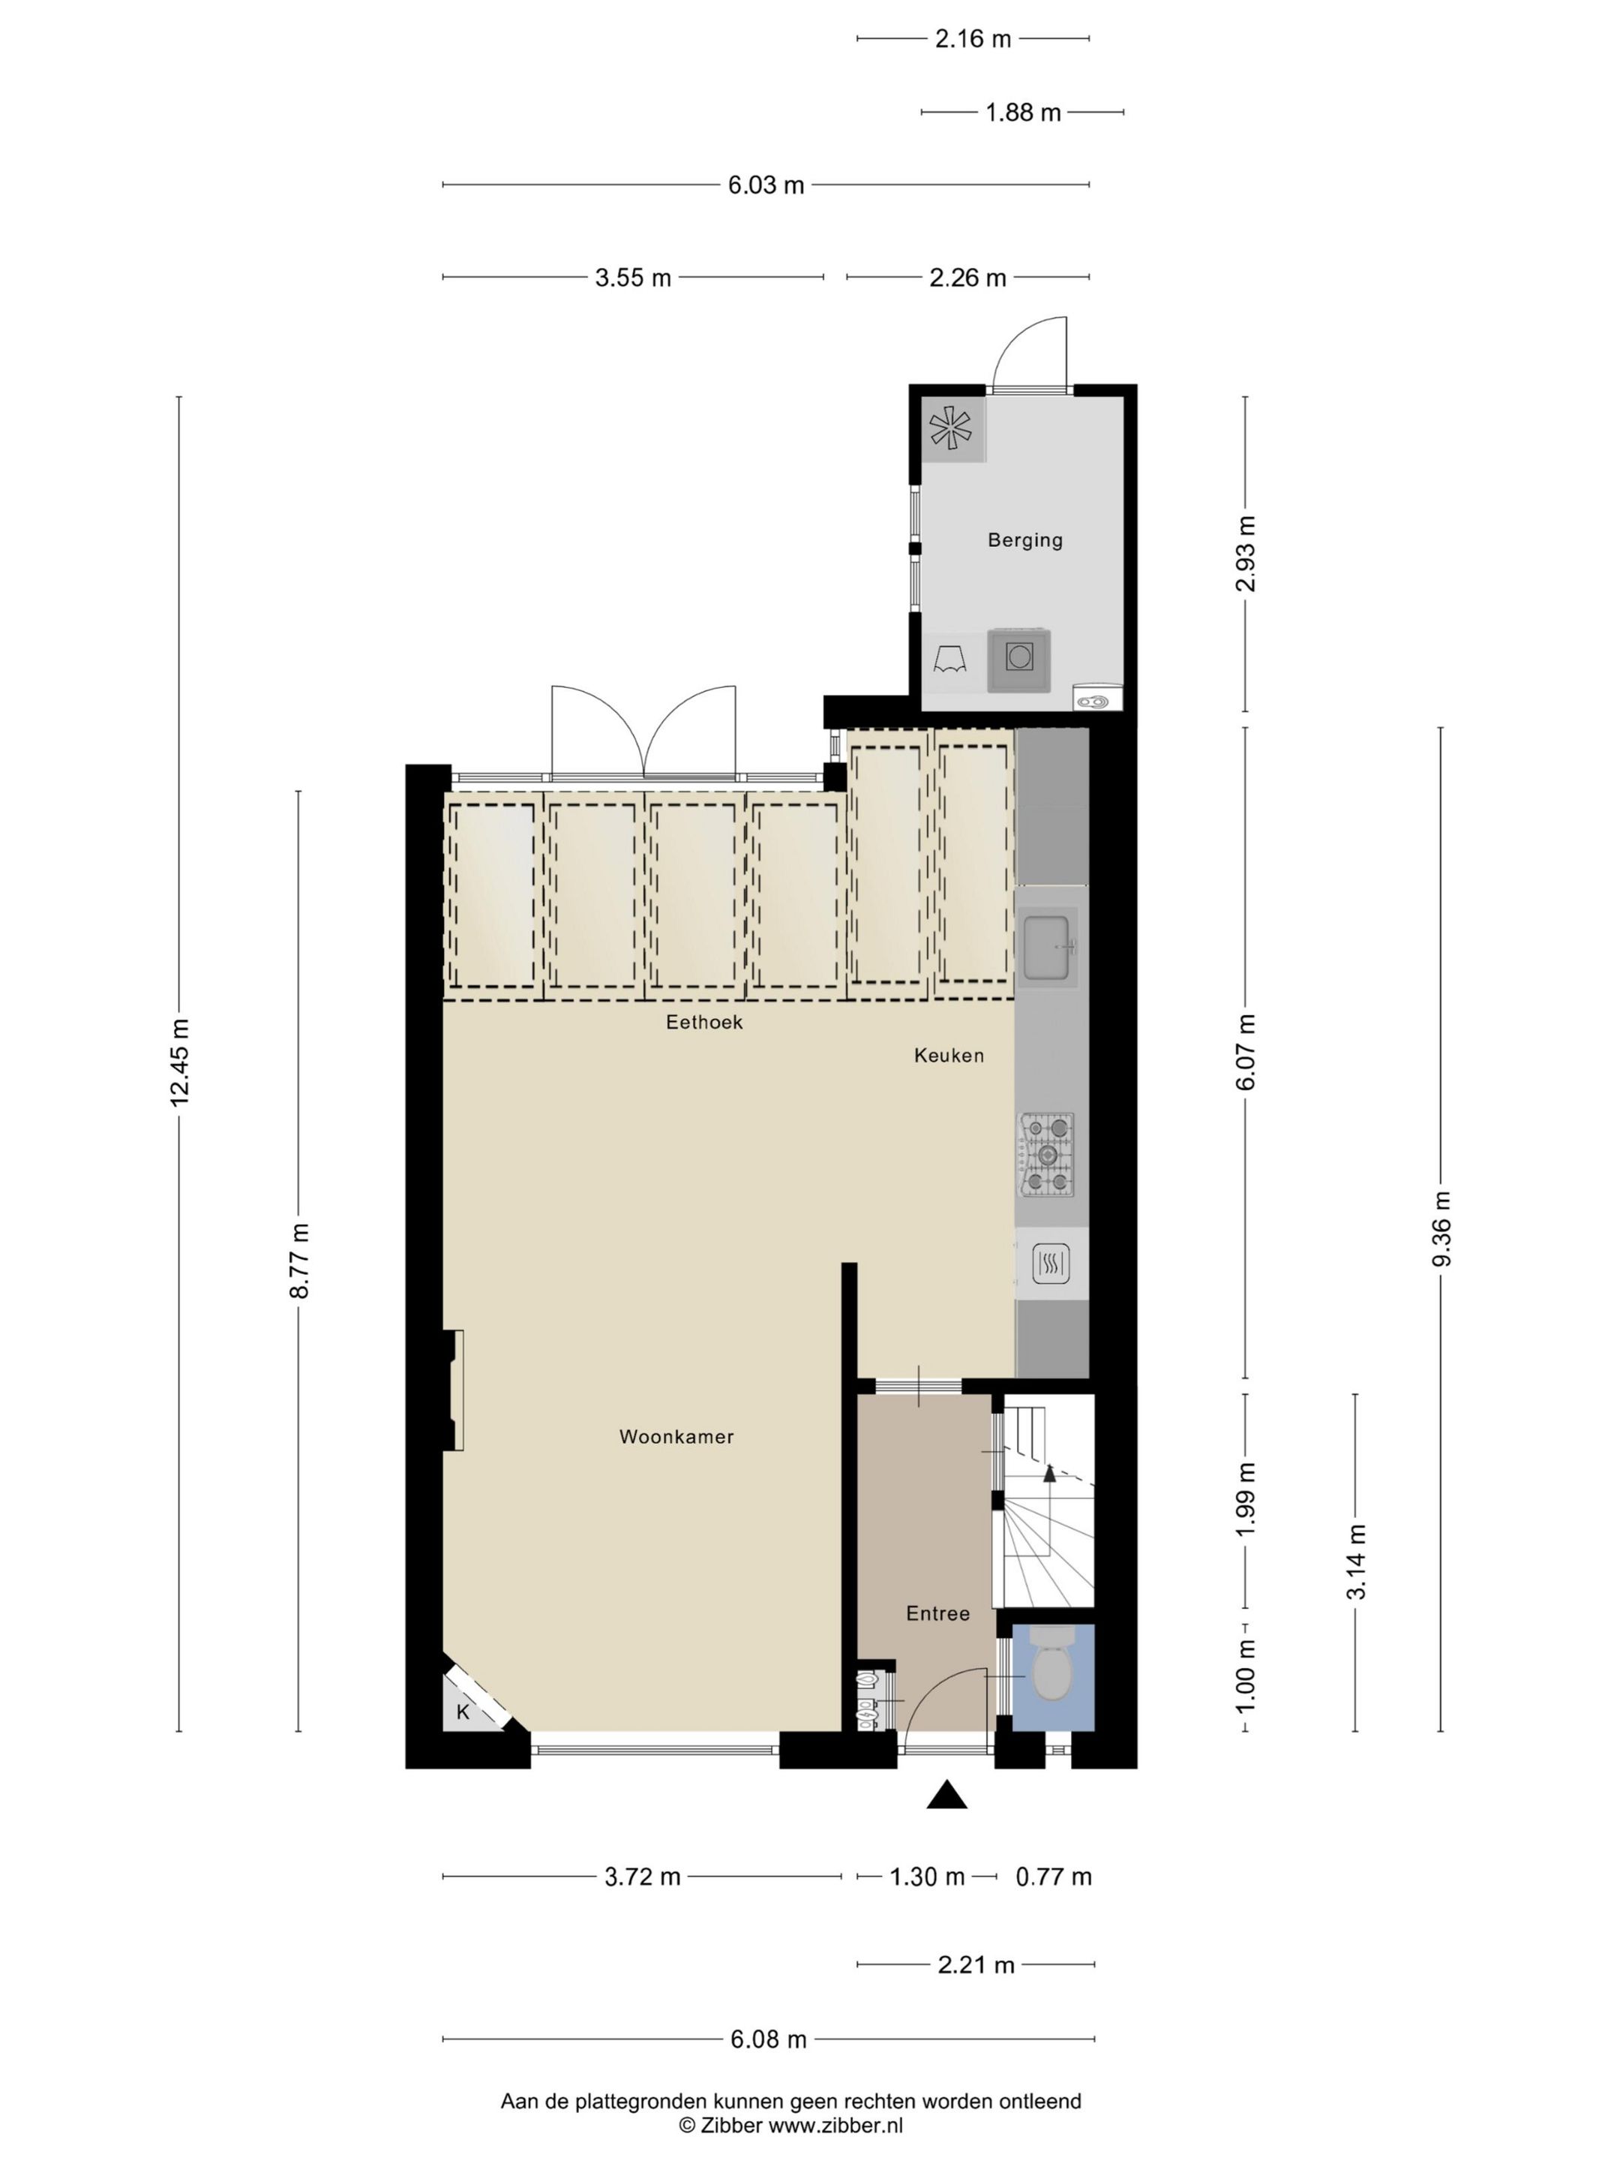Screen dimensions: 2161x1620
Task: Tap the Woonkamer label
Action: [x=676, y=1436]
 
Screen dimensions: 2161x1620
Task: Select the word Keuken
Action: [x=948, y=1055]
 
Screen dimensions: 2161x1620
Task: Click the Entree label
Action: [x=937, y=1613]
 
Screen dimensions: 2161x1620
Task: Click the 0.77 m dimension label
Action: [x=1054, y=1876]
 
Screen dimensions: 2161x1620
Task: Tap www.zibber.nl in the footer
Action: [x=836, y=2125]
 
